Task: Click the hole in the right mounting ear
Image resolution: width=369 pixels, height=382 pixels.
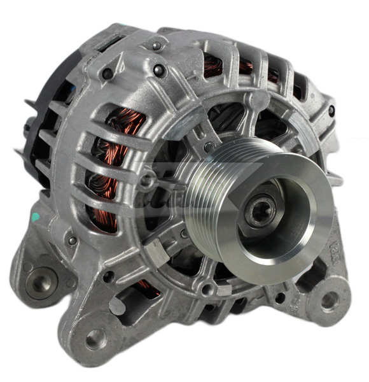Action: click(330, 301)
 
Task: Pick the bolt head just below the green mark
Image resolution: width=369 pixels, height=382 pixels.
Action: click(71, 241)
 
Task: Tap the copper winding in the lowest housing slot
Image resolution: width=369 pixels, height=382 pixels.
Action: click(148, 292)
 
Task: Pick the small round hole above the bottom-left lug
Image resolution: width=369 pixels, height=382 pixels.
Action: click(109, 276)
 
